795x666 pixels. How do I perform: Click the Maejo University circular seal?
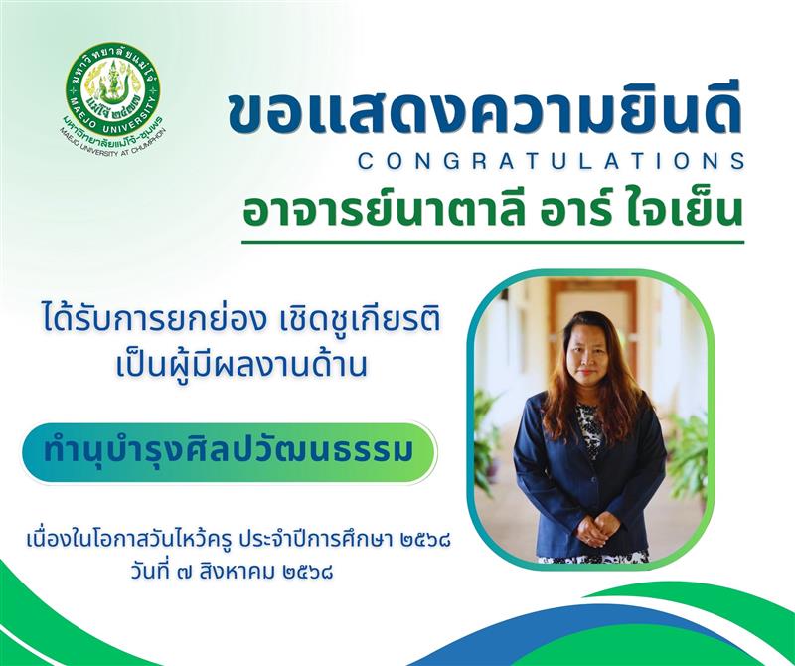pos(112,89)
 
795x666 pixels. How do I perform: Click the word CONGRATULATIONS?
pos(552,161)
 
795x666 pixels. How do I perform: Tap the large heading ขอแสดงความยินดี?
pos(485,113)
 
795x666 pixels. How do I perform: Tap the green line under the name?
pos(493,242)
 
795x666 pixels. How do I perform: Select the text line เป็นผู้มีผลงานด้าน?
pos(241,365)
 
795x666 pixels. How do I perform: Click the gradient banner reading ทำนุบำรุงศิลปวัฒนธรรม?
pos(229,452)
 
